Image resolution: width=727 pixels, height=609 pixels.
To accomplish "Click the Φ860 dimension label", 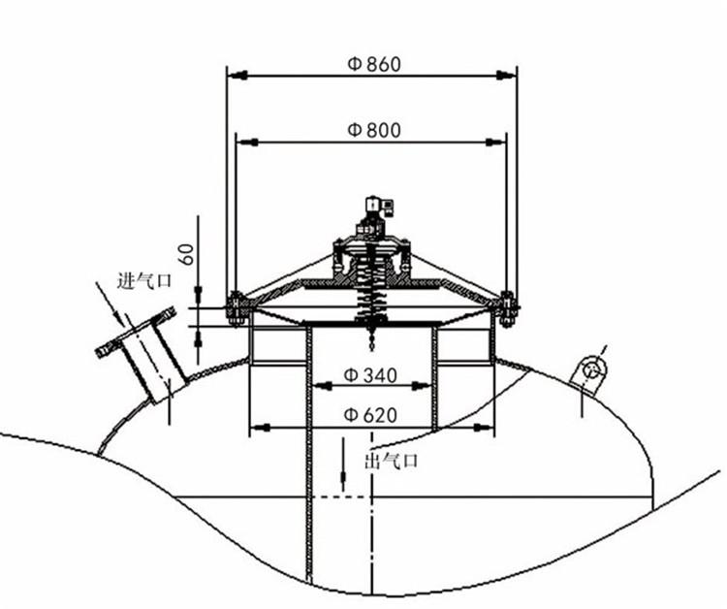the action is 374,64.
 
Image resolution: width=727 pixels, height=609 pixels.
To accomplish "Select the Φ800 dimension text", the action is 374,130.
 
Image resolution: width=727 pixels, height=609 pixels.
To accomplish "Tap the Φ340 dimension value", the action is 370,374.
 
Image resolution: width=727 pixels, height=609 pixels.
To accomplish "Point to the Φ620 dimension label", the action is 370,415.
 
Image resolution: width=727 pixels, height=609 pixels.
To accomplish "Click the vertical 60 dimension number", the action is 187,254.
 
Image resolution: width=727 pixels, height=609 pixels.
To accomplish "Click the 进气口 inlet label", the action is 144,280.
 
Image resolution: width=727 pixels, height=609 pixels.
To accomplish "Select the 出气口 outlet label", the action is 392,461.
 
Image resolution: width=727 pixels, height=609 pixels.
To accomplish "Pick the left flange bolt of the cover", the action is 236,309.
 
